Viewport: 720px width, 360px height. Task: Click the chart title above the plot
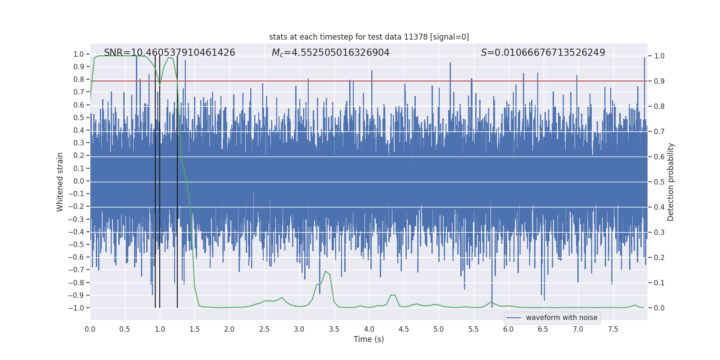tap(369, 37)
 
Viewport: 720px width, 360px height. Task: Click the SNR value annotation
tap(170, 53)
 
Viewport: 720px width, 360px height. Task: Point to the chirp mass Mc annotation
tap(331, 53)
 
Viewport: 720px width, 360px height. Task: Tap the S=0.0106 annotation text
tap(543, 53)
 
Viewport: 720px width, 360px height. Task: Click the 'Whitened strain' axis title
tap(60, 182)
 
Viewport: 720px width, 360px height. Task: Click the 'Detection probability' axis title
tap(670, 182)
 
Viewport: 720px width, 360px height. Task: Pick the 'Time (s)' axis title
tap(369, 339)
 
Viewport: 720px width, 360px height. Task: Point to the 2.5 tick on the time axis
tap(264, 329)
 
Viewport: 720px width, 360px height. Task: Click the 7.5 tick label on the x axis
tap(613, 329)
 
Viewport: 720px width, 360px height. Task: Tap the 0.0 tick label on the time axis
tap(90, 329)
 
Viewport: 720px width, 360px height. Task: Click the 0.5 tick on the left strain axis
tap(79, 117)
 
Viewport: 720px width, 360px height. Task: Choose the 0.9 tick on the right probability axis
tap(659, 81)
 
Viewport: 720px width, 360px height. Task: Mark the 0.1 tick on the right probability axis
tap(659, 283)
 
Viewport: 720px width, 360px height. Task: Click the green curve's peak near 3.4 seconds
tap(325, 271)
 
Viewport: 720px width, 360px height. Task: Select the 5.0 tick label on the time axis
tap(439, 329)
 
